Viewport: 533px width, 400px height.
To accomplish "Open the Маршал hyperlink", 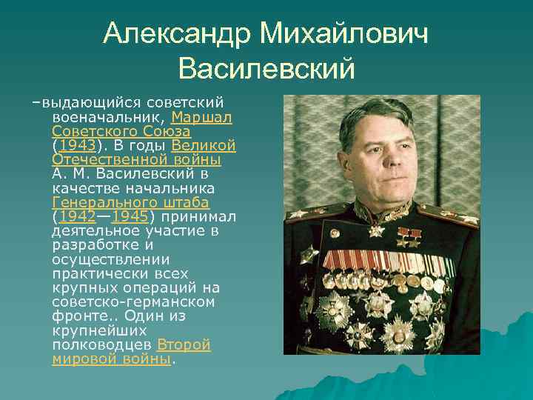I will [x=202, y=118].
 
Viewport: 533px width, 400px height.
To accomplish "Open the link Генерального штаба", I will [x=131, y=202].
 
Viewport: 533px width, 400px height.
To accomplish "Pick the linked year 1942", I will [x=77, y=216].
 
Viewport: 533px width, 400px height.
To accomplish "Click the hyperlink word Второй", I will [x=184, y=345].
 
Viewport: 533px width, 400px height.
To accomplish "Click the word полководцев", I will [x=103, y=345].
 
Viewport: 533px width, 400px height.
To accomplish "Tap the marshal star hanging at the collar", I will [x=378, y=229].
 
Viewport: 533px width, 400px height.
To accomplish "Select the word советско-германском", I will [x=134, y=302].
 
